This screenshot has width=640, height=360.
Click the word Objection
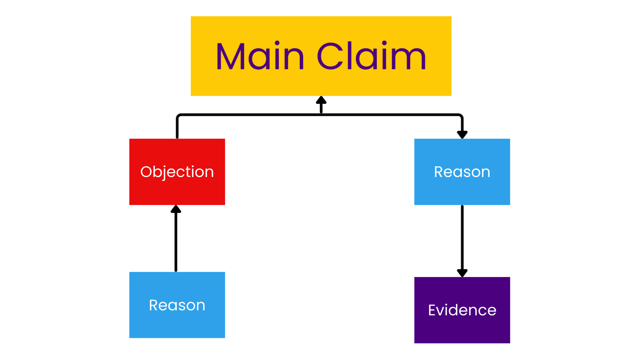tap(177, 172)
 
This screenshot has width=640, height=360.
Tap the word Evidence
tap(462, 310)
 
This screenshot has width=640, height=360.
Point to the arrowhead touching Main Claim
tap(321, 100)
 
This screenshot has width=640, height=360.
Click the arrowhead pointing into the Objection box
tap(176, 209)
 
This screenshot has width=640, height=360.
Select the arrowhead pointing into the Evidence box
tap(462, 273)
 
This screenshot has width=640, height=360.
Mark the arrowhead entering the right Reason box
tap(462, 134)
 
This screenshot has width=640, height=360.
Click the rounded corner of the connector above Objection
tap(179, 116)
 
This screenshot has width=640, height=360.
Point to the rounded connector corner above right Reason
tap(460, 116)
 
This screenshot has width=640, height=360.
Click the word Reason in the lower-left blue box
tap(177, 305)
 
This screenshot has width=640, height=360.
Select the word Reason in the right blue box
tap(462, 172)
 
